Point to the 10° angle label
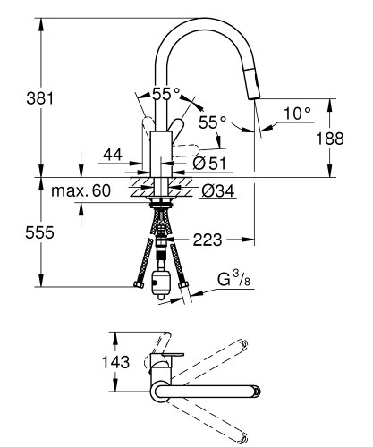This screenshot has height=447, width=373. [x=296, y=113]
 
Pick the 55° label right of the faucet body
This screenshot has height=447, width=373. [x=211, y=121]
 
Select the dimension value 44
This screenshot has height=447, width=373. [x=113, y=156]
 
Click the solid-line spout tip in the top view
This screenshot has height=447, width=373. [x=255, y=391]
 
